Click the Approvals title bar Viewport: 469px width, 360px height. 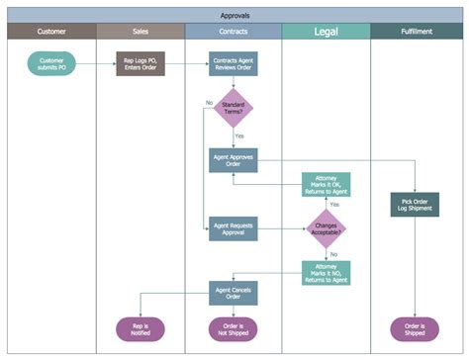point(234,15)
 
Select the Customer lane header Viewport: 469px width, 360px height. point(51,32)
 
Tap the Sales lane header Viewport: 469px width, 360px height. point(141,32)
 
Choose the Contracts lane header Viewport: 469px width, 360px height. point(234,32)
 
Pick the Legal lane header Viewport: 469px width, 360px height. point(326,32)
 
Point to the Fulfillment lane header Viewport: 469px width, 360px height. point(415,32)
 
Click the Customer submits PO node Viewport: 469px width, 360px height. point(51,65)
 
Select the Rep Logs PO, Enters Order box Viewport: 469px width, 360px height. point(140,65)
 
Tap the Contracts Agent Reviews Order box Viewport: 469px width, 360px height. point(234,65)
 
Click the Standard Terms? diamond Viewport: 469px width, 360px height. point(234,109)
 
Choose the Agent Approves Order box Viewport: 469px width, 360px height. point(234,160)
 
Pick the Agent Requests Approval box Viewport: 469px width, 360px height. point(234,229)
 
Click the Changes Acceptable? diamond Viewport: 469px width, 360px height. point(327,229)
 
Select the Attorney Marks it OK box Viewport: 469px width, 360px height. point(327,185)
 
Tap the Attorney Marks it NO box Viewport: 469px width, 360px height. point(327,274)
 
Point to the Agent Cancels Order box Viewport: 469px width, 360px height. point(234,293)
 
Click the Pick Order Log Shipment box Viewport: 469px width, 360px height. point(415,204)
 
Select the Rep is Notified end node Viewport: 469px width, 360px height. point(140,329)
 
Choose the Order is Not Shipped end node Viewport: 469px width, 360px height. point(234,329)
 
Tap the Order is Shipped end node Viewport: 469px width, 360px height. point(415,329)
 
